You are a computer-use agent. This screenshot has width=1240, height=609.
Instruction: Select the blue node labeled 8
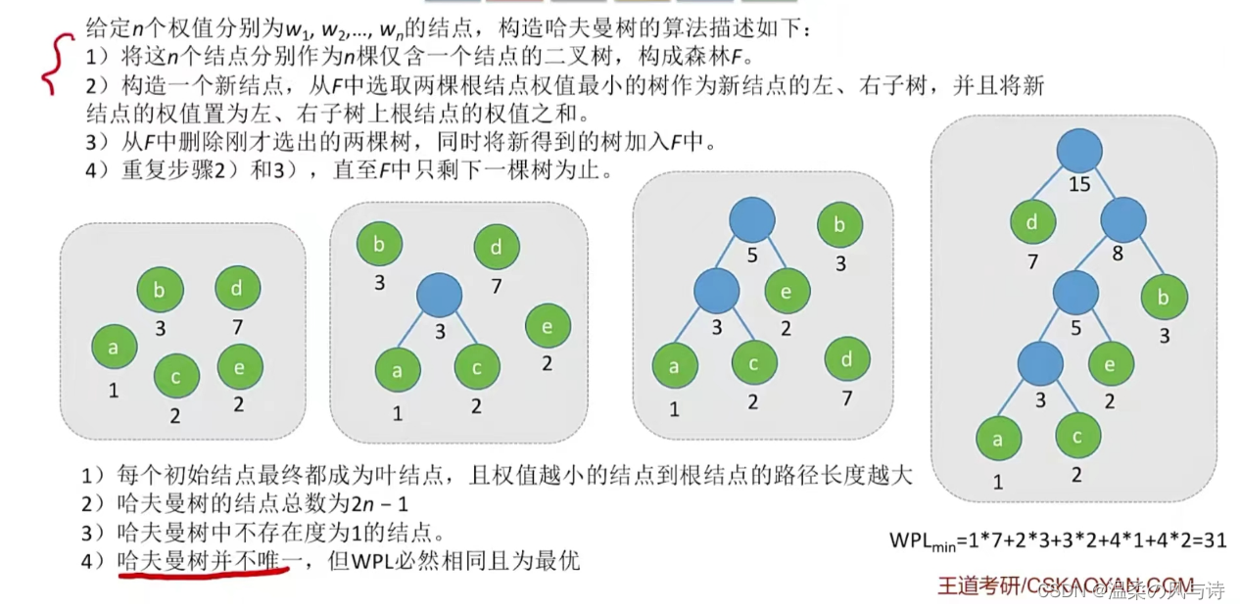tap(1122, 219)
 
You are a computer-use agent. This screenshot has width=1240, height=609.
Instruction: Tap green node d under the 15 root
tap(1033, 221)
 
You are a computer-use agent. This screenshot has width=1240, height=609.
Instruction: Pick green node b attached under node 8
tap(1165, 298)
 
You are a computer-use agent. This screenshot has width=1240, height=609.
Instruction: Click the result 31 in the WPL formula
tap(1215, 539)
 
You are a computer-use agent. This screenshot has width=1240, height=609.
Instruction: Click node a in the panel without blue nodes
tap(114, 347)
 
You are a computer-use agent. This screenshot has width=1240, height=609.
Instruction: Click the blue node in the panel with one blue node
tap(440, 295)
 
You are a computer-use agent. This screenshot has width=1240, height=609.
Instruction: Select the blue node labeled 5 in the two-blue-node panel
tap(751, 219)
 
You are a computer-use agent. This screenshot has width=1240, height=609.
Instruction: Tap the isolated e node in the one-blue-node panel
tap(548, 327)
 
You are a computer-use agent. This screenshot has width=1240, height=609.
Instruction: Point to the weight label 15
tap(1080, 185)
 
